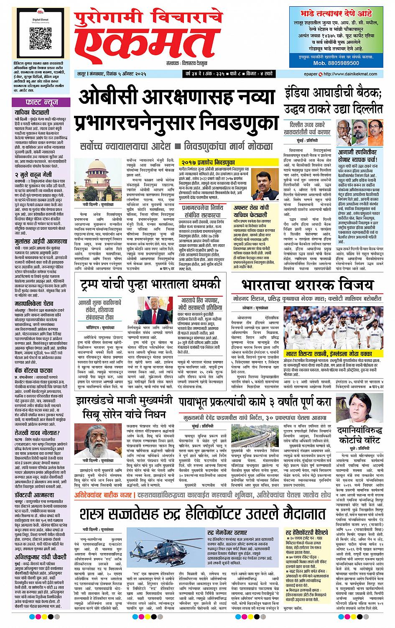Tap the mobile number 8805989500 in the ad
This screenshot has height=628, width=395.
(336, 63)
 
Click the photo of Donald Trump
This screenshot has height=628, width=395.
(152, 311)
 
